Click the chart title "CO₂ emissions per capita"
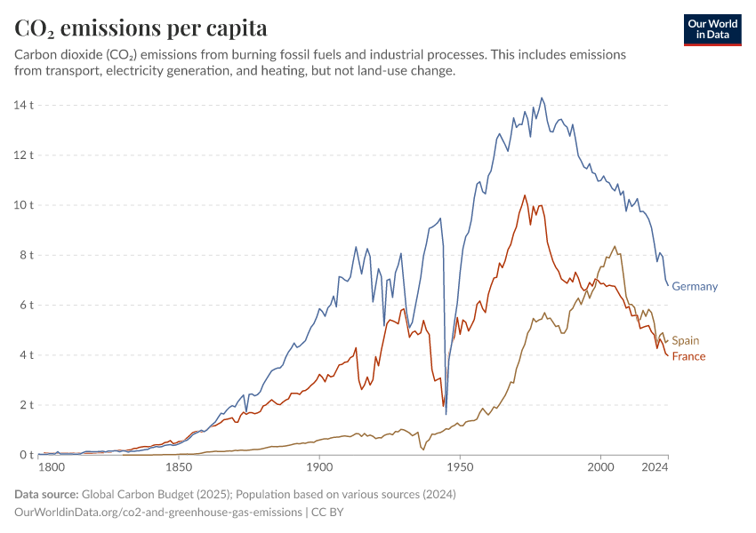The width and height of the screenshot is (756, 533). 141,28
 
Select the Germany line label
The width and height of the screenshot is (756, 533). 695,286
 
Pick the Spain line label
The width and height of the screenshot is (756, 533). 685,340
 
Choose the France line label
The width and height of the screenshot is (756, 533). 688,356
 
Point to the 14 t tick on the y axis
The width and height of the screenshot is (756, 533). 24,105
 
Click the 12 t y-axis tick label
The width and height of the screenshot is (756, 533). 24,155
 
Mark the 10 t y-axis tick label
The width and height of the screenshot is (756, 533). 24,204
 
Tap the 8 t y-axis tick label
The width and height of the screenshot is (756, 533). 28,255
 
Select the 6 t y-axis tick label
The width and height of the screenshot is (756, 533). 28,305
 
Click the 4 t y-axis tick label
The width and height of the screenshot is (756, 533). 28,354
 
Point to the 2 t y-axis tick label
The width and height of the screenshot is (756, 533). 28,405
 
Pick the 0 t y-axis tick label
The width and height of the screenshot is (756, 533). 28,455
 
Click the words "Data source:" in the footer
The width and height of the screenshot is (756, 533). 46,494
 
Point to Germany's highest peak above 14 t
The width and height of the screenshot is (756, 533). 542,98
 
